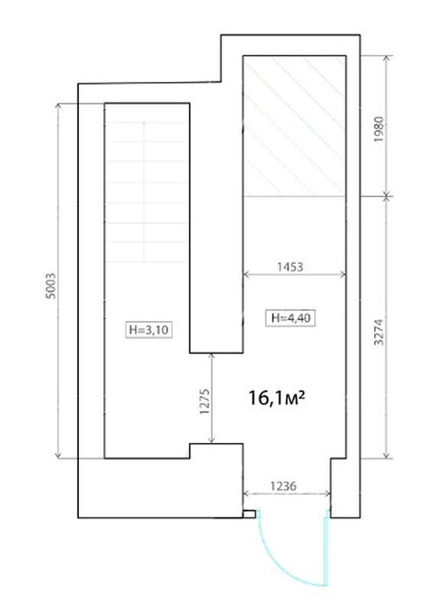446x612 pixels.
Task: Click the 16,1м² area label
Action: click(x=276, y=398)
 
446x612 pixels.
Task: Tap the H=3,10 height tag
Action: click(x=148, y=330)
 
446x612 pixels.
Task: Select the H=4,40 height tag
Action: click(x=290, y=317)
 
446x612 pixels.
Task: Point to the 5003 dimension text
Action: click(x=50, y=285)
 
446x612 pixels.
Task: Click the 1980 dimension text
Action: click(x=379, y=129)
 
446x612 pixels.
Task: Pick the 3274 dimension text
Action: click(x=379, y=332)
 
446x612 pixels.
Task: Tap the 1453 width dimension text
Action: click(x=290, y=267)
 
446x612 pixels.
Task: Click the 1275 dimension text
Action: click(x=204, y=401)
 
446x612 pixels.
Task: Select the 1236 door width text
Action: click(x=283, y=486)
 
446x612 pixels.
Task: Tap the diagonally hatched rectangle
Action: click(x=295, y=125)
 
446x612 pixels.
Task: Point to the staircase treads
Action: click(x=146, y=192)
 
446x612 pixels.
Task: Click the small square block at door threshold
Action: click(x=249, y=514)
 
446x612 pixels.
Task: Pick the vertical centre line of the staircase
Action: click(x=144, y=192)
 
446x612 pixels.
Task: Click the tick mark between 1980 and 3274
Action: click(x=386, y=196)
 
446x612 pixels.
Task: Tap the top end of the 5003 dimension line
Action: click(x=59, y=103)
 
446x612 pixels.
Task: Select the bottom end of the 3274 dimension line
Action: click(x=386, y=458)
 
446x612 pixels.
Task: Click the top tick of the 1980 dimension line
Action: click(x=386, y=56)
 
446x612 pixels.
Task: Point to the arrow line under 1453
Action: click(x=295, y=275)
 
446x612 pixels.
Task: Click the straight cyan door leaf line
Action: click(x=324, y=552)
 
